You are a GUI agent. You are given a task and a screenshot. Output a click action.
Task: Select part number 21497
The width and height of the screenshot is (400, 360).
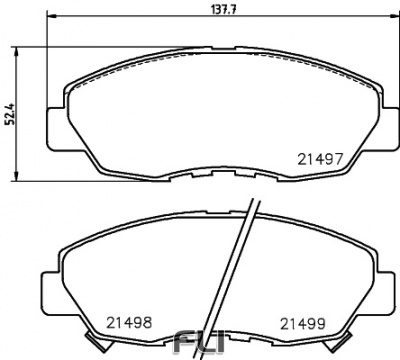(321, 158)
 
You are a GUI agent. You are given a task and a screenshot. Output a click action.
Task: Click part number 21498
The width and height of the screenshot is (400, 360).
(129, 322)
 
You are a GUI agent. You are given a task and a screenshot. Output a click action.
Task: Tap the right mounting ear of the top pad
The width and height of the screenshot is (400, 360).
(373, 125)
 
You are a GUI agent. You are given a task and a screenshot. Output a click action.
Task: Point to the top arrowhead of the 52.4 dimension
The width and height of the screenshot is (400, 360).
(21, 49)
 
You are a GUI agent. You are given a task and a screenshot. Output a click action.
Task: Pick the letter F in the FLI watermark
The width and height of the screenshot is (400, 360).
(186, 345)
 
